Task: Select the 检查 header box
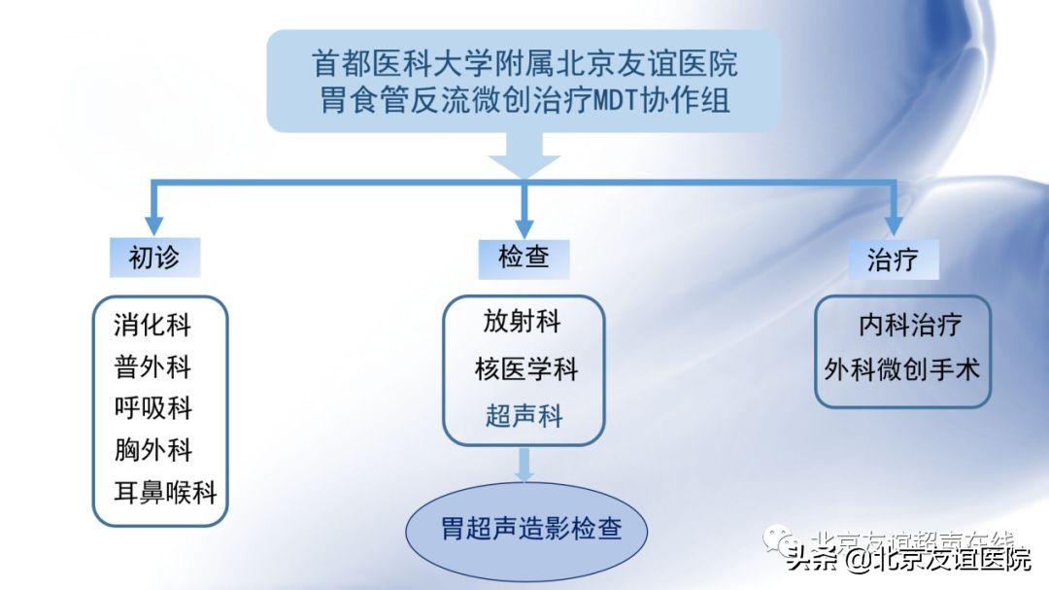[x=524, y=259]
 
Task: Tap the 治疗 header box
[x=892, y=260]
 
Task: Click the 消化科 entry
[x=152, y=325]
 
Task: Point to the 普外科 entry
[x=152, y=366]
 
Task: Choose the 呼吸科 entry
[x=152, y=408]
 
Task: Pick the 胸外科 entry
[x=152, y=450]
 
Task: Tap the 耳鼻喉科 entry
[x=164, y=493]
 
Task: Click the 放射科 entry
[x=523, y=322]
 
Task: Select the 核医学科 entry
[x=525, y=369]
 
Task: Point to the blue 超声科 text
[x=524, y=417]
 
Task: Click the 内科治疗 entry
[x=910, y=324]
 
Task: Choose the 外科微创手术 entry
[x=902, y=369]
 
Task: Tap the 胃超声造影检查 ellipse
[x=530, y=530]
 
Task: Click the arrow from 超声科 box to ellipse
[x=524, y=464]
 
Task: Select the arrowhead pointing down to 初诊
[x=152, y=223]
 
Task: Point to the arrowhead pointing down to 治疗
[x=893, y=223]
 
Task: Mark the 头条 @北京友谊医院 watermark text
[x=908, y=560]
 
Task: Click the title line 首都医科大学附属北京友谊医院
[x=524, y=63]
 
